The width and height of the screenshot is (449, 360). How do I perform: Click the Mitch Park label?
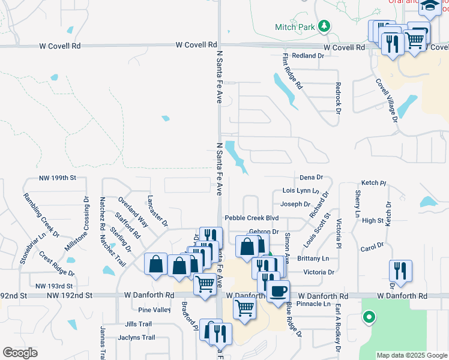pos(295,27)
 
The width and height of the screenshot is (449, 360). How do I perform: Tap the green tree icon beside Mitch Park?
pos(324,26)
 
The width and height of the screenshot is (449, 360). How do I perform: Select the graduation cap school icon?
pos(430,7)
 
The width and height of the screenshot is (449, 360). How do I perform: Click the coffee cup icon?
pos(277,292)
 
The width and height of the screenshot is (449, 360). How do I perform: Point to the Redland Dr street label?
pos(308,55)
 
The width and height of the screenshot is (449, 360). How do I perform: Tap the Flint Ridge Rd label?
pos(292,71)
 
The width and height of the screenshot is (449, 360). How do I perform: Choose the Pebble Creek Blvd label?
pos(252,218)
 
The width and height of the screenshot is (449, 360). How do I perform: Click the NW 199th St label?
pos(58,178)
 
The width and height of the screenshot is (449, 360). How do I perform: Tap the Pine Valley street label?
pos(154,310)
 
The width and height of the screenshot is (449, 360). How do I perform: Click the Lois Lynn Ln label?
pos(300,191)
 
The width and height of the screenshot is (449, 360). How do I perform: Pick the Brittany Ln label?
pos(313,258)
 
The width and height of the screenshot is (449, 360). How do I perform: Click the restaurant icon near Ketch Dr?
pos(400,270)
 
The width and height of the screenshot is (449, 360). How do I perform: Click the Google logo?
pos(20,353)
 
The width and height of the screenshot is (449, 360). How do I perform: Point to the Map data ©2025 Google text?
pos(411,355)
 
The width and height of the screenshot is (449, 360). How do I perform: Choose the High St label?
pos(373,221)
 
